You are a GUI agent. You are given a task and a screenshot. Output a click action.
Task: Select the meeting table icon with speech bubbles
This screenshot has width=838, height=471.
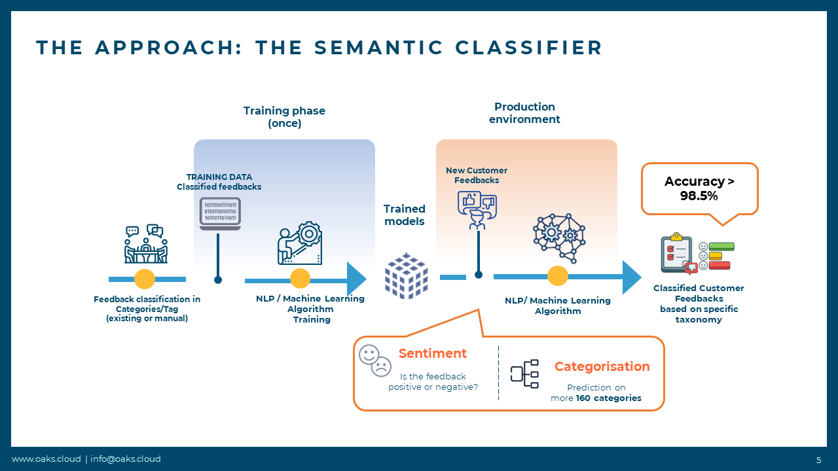pos(145,244)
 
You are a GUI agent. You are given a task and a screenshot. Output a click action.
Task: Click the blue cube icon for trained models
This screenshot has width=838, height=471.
pos(406,275)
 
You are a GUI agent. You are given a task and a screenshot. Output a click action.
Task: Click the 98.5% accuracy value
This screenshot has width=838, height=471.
pos(699,196)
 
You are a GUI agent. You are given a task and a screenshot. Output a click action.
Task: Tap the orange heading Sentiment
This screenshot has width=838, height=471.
pos(433,354)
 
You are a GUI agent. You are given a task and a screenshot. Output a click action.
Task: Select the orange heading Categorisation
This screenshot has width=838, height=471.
pos(602,367)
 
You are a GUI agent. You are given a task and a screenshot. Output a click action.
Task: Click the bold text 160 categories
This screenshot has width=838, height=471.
pos(608,398)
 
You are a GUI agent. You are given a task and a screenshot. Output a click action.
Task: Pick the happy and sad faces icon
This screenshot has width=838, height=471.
pos(375,360)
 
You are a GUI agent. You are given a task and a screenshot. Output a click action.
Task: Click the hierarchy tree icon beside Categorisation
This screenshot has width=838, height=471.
pos(524,374)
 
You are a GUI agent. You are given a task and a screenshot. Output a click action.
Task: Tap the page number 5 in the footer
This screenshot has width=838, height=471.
pos(818,459)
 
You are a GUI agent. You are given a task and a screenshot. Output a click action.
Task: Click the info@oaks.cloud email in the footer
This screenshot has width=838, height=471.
pos(125,459)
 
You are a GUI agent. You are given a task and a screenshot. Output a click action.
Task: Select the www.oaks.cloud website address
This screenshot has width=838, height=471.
pos(46,459)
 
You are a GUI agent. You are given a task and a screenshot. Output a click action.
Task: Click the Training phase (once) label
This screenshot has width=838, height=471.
pos(284,116)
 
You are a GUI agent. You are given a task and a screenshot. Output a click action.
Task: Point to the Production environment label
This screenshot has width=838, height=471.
pos(524,113)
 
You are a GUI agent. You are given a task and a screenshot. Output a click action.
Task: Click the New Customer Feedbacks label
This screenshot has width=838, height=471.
pos(477,175)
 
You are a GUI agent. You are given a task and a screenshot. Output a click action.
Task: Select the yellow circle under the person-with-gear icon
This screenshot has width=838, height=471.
pos(300,279)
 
